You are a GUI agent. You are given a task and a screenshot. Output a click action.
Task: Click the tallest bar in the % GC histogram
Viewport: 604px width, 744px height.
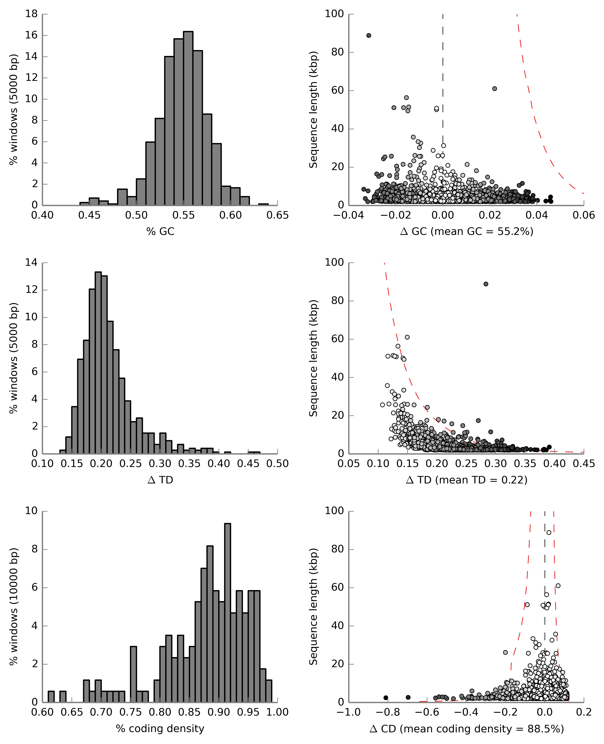pos(188,118)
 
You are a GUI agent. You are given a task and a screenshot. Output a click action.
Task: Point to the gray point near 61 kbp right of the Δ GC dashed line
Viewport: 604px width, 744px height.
pos(494,89)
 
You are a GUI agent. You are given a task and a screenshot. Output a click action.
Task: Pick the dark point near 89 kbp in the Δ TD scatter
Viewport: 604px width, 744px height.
pos(486,284)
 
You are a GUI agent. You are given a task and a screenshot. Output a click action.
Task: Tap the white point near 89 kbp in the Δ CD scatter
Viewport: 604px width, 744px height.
pos(549,532)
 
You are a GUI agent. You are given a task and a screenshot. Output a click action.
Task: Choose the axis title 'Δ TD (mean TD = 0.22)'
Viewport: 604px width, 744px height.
pos(467,480)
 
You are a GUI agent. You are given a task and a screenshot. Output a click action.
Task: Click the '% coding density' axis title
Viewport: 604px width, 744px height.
pos(160,728)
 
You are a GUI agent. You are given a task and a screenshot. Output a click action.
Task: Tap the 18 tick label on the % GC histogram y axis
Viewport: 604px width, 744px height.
pos(31,14)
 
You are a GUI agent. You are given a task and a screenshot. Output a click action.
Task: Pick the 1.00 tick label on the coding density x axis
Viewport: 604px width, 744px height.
pos(277,712)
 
